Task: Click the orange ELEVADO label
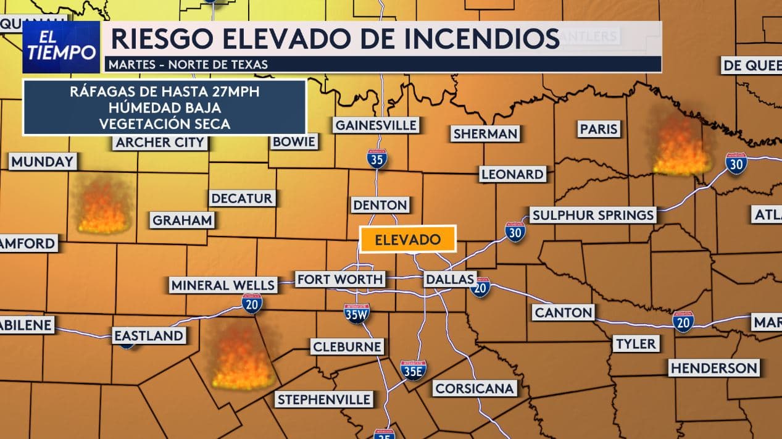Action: (x=408, y=240)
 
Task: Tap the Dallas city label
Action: (x=449, y=279)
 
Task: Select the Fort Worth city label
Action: (x=340, y=279)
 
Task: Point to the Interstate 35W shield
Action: (x=357, y=314)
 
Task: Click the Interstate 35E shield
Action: (x=413, y=370)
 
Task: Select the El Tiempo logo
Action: (x=61, y=48)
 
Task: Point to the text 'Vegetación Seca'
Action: (x=164, y=123)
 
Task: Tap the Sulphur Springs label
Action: (x=593, y=215)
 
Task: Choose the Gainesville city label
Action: (x=376, y=125)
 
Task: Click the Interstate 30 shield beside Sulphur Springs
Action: (x=515, y=232)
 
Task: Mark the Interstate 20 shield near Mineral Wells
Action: (x=252, y=303)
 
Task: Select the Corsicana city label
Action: (x=474, y=388)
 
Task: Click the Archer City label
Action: (x=159, y=143)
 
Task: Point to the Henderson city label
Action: (x=713, y=368)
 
